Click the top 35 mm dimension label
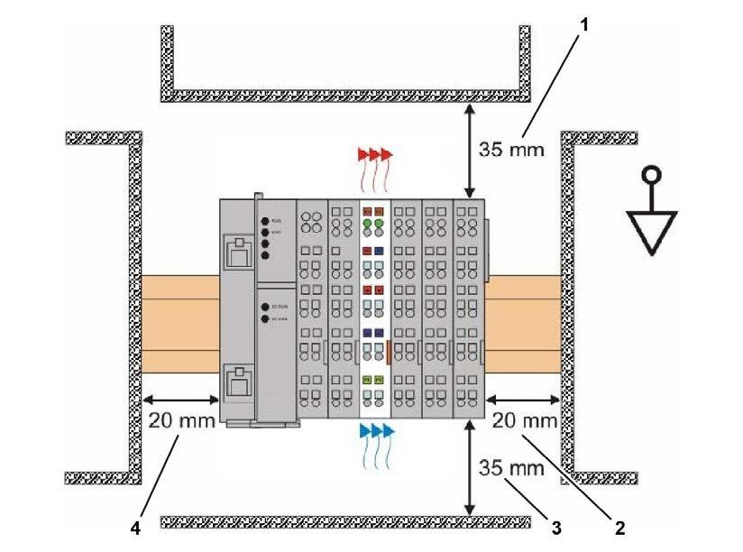[512, 150]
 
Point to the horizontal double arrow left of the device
[181, 399]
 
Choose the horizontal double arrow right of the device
[523, 399]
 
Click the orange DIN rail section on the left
[180, 320]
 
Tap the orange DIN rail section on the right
[524, 320]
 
